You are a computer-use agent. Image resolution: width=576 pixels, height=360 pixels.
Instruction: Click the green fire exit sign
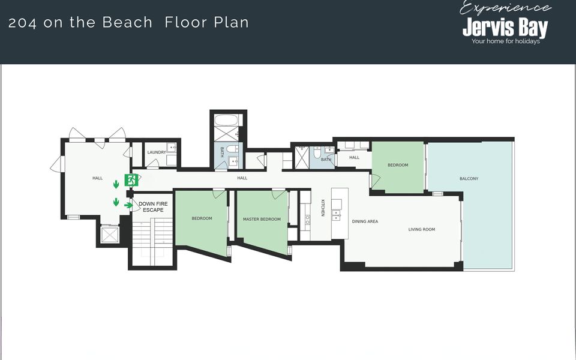(x=131, y=180)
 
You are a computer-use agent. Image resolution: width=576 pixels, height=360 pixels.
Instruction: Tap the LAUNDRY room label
(x=157, y=152)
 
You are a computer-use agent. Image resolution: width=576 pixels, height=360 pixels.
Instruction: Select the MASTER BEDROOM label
(x=262, y=220)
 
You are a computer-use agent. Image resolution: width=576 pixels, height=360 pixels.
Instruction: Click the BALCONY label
(x=469, y=179)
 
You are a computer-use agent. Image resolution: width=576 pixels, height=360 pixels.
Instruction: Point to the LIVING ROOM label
(x=422, y=229)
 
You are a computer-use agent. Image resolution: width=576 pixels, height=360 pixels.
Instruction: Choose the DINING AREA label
(x=365, y=221)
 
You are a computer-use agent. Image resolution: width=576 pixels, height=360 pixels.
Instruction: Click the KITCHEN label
(x=323, y=208)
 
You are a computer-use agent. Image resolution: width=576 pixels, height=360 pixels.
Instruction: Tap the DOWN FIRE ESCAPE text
(x=153, y=207)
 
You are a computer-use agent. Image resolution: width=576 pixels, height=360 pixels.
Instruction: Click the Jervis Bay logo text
(x=505, y=27)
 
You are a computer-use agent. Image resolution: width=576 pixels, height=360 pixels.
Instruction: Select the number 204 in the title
(x=22, y=23)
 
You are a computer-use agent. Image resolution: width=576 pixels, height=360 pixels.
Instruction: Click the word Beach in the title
(x=127, y=22)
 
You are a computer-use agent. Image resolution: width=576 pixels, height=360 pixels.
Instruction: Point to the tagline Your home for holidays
(x=505, y=41)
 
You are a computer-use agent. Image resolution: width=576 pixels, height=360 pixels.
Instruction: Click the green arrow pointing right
(x=128, y=205)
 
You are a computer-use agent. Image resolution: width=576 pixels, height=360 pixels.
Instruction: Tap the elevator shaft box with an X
(x=110, y=235)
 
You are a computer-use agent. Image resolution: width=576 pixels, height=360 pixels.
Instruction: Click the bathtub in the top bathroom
(x=228, y=120)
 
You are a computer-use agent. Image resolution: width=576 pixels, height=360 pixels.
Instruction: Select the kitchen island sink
(x=337, y=215)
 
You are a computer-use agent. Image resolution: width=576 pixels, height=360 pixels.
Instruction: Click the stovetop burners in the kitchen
(x=307, y=220)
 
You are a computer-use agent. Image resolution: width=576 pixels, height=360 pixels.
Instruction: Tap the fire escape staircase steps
(x=152, y=241)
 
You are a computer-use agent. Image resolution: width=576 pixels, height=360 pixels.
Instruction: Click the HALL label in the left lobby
(x=97, y=178)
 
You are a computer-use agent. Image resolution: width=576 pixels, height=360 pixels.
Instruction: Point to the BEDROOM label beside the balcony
(x=398, y=165)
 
